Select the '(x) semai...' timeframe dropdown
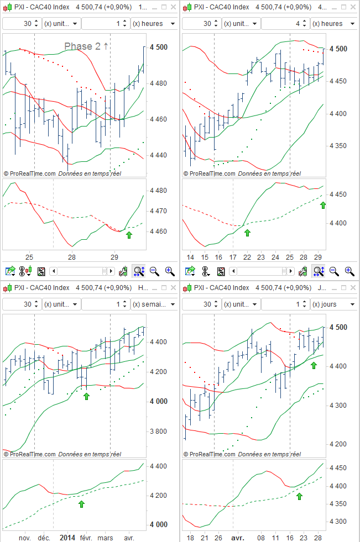click(x=154, y=304)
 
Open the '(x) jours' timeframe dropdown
click(x=334, y=304)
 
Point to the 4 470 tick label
click(x=159, y=211)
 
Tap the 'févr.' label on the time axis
click(x=86, y=537)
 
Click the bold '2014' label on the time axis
click(x=67, y=537)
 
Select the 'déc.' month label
click(x=44, y=537)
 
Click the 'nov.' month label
click(x=24, y=537)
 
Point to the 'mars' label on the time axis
click(x=106, y=537)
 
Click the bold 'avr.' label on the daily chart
click(x=237, y=537)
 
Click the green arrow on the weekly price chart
click(x=86, y=396)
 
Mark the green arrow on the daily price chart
click(x=314, y=365)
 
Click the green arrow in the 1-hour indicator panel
click(x=129, y=235)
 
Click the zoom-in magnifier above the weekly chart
click(x=169, y=271)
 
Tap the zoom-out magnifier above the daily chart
click(x=334, y=271)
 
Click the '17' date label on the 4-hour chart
click(x=233, y=257)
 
